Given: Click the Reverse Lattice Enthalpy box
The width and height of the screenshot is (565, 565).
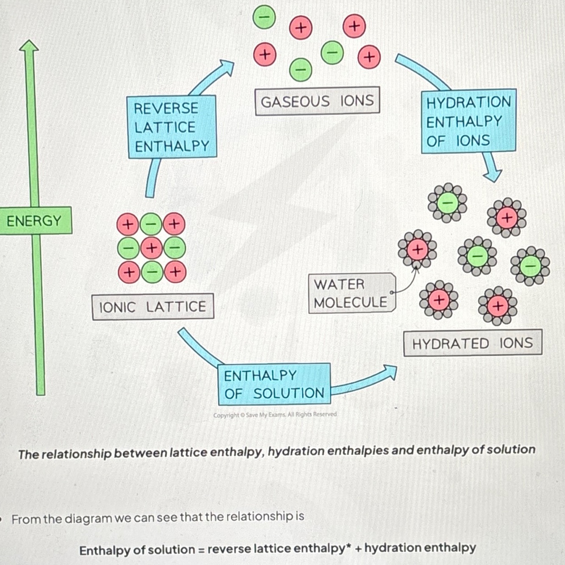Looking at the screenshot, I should [x=172, y=127].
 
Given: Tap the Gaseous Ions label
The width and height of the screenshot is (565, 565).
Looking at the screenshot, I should [x=317, y=101].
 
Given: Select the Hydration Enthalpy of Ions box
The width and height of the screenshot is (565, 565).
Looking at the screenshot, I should [x=468, y=121].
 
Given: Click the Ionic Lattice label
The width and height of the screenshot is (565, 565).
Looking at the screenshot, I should [x=152, y=307].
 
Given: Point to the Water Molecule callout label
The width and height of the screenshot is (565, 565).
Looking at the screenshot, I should [x=352, y=293].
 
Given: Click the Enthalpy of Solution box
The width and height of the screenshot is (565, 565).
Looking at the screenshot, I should [x=274, y=384].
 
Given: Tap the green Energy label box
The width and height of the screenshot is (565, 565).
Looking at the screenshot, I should [x=35, y=221].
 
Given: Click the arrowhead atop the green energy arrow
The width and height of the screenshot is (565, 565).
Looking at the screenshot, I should [x=29, y=46].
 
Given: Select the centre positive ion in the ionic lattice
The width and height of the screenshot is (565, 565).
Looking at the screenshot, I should [x=151, y=248].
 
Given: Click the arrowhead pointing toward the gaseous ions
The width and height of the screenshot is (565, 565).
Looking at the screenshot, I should [x=227, y=67].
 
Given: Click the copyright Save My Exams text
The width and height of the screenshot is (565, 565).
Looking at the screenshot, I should [x=275, y=415].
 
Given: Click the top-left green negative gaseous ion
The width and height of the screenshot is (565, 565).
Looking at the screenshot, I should [x=264, y=17].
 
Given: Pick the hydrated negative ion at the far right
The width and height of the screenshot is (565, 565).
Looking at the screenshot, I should [x=530, y=266].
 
